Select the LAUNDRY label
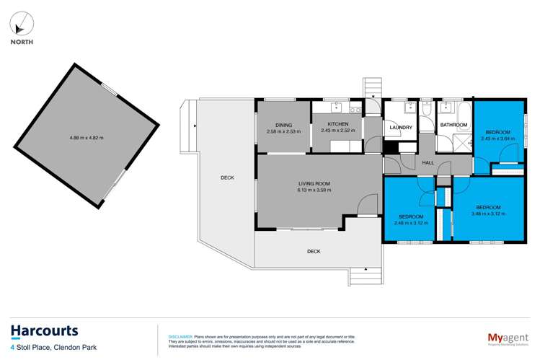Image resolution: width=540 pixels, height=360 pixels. [x=400, y=128]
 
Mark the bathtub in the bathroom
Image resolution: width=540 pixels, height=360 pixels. [x=461, y=111]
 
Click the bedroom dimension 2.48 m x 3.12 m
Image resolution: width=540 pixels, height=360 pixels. [x=411, y=222]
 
